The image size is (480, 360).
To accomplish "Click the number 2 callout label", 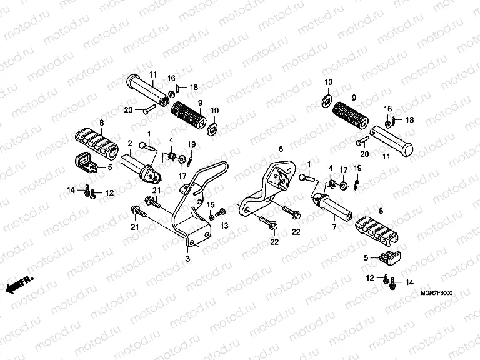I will [x=129, y=142].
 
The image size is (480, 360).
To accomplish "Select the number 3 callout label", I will [x=187, y=257].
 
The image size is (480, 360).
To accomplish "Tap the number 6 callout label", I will [x=281, y=149].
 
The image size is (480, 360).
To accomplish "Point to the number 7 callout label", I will [x=334, y=227].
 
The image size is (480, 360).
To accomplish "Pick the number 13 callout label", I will [x=224, y=226].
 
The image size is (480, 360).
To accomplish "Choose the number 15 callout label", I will [x=211, y=205].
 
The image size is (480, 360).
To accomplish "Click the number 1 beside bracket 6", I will [x=308, y=164].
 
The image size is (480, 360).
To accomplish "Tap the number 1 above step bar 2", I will [x=149, y=133].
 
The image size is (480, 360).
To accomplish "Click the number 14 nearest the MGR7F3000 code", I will [x=410, y=282].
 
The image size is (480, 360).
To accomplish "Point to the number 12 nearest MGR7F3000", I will [x=370, y=277].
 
